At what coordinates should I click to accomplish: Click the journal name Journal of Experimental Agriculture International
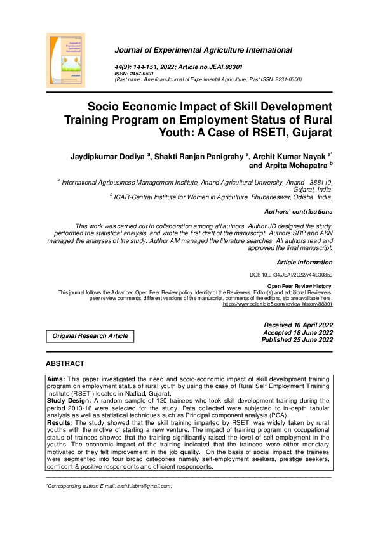[x=203, y=50]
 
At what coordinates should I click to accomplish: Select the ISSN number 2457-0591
[x=142, y=74]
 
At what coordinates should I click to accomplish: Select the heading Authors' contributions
[x=297, y=212]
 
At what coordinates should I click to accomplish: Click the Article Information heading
[x=304, y=261]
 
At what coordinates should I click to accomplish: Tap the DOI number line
[x=292, y=275]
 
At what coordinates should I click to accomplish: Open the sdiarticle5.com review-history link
[x=277, y=304]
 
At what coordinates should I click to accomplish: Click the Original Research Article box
[x=90, y=335]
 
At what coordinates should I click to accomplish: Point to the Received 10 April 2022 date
[x=298, y=325]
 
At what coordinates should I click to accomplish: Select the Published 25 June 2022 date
[x=297, y=340]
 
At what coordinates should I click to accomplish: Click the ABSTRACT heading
[x=65, y=363]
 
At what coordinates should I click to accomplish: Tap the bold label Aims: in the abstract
[x=57, y=378]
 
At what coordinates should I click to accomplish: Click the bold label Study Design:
[x=69, y=401]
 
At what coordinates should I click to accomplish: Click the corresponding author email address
[x=150, y=486]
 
